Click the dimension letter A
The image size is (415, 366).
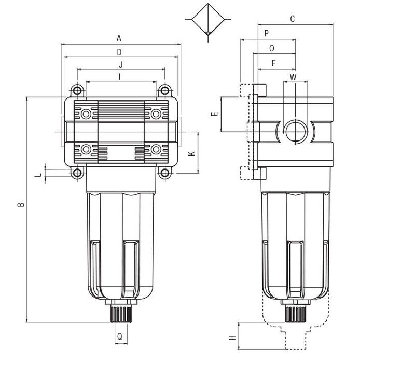click(x=119, y=38)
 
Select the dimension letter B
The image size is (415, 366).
click(x=21, y=204)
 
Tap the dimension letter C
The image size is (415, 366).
click(x=293, y=19)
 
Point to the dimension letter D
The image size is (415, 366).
click(x=119, y=52)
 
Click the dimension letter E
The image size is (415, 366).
click(x=215, y=114)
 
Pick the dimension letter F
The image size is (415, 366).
click(x=274, y=63)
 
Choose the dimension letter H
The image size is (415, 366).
click(x=232, y=337)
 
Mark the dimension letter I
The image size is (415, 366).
click(x=120, y=77)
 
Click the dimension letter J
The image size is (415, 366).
click(x=121, y=64)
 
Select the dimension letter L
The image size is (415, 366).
click(x=39, y=175)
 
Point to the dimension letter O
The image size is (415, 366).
click(x=271, y=48)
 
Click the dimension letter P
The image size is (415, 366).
click(x=267, y=33)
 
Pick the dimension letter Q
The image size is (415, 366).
click(x=120, y=336)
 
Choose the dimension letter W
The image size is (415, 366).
click(x=293, y=77)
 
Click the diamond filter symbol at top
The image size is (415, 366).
click(x=208, y=20)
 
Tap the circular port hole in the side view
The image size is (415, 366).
click(x=296, y=132)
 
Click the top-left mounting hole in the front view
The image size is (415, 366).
click(x=77, y=91)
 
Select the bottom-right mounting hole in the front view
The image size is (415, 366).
click(x=165, y=173)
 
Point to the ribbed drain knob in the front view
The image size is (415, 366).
click(x=121, y=314)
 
